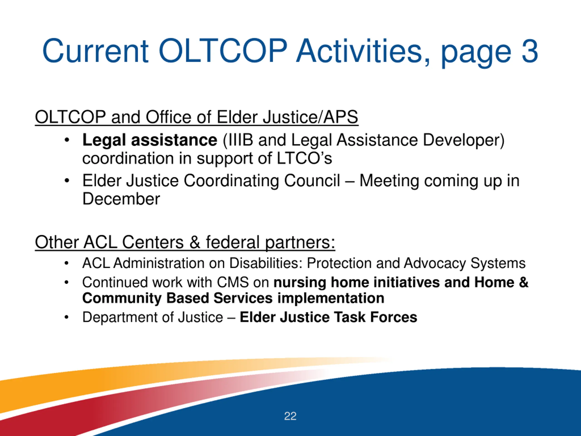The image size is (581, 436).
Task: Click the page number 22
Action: tap(290, 416)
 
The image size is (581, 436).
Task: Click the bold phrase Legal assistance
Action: tap(150, 140)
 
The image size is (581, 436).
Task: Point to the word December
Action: tap(121, 199)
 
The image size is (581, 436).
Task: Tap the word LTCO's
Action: tap(304, 158)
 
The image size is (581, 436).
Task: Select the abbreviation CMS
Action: tap(233, 282)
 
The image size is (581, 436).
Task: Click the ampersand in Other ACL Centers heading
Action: tap(195, 242)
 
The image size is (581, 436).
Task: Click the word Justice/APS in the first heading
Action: tap(310, 117)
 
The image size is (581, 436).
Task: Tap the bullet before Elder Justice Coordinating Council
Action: tap(67, 181)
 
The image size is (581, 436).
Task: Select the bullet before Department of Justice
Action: tap(66, 317)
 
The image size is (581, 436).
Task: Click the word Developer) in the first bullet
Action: tap(464, 140)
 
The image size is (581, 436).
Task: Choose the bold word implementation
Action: tap(331, 298)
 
